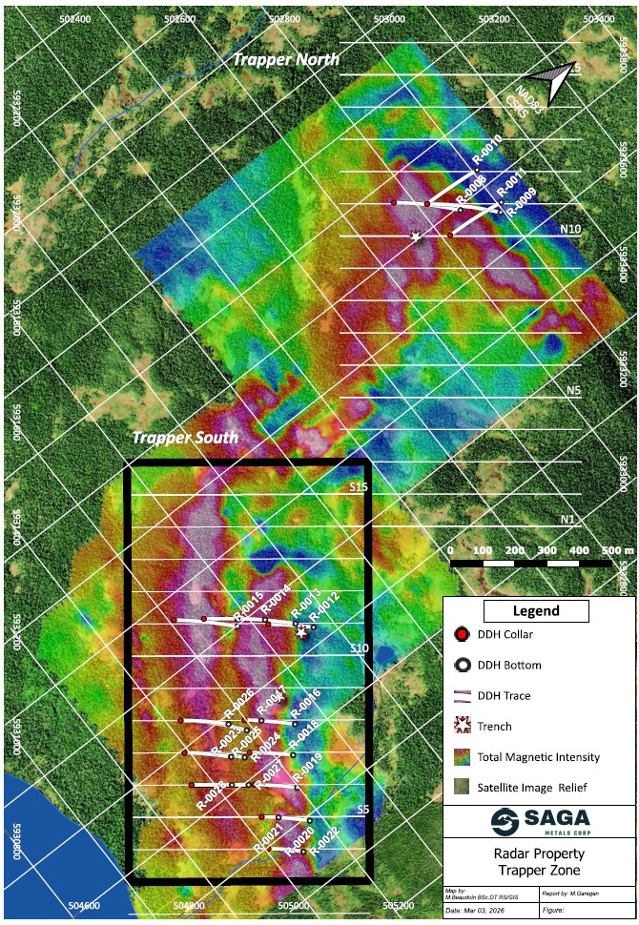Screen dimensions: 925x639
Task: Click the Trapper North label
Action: pos(286,59)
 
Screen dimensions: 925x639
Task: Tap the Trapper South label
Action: pos(184,438)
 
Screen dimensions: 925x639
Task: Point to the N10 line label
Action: pos(570,230)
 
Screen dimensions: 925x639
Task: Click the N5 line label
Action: pos(573,390)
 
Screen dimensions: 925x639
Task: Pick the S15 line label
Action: pos(358,487)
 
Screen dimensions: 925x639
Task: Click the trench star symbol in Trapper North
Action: pos(415,236)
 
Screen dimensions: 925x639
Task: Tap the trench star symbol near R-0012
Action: pos(302,632)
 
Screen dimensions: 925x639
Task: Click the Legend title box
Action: pos(536,611)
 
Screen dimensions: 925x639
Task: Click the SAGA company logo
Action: pos(540,821)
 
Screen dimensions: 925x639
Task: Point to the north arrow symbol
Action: pos(551,80)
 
